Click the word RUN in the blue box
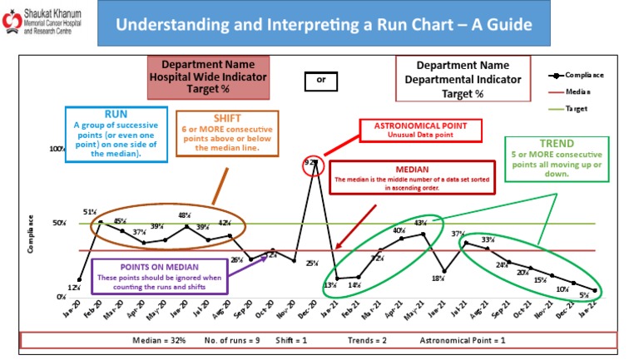point(116,113)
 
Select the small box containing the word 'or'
point(320,81)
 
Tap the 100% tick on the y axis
point(57,150)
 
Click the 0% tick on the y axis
point(61,297)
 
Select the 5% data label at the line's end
point(584,293)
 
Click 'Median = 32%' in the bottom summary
point(158,341)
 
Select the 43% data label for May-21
point(420,223)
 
